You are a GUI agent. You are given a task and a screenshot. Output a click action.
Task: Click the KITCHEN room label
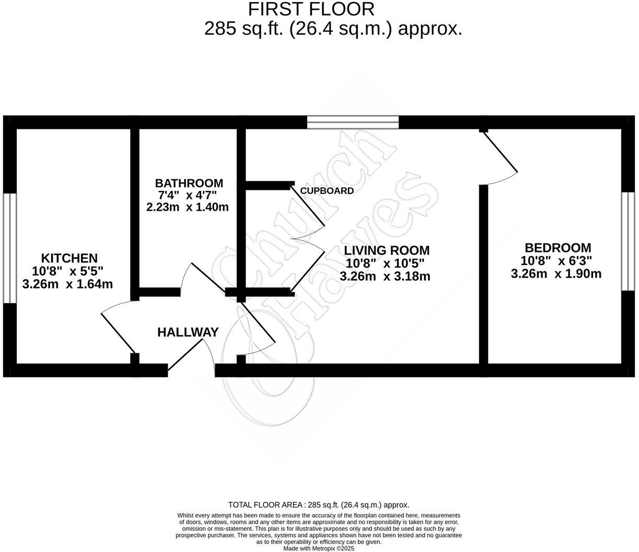click(x=69, y=258)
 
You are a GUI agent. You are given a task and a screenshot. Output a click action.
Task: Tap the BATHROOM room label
click(x=189, y=183)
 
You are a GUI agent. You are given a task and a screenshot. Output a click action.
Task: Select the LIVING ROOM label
click(x=386, y=250)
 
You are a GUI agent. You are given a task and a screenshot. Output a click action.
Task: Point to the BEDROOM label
click(x=557, y=248)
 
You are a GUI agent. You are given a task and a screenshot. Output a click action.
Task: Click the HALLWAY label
click(x=188, y=332)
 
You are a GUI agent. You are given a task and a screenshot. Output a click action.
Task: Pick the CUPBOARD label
click(x=327, y=191)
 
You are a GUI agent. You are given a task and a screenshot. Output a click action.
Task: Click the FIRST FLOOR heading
click(x=311, y=9)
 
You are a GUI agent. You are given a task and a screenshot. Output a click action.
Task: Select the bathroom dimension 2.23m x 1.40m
click(x=188, y=207)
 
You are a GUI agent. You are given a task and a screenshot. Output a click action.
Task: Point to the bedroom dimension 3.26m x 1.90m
click(x=556, y=273)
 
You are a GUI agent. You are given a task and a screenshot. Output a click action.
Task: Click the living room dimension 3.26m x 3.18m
click(x=385, y=277)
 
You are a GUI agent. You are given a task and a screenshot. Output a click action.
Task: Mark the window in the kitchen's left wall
click(x=10, y=248)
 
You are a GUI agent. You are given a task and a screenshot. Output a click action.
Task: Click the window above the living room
click(x=353, y=122)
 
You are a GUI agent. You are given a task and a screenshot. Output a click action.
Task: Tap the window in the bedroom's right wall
click(x=628, y=241)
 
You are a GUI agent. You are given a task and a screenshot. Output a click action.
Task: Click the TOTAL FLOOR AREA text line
click(x=319, y=505)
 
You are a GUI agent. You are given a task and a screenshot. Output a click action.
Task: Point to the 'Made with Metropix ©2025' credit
click(x=319, y=548)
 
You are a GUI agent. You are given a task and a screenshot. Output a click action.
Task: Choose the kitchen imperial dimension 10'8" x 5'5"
click(x=68, y=271)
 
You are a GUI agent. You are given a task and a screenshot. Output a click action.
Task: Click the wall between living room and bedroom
click(x=484, y=274)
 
